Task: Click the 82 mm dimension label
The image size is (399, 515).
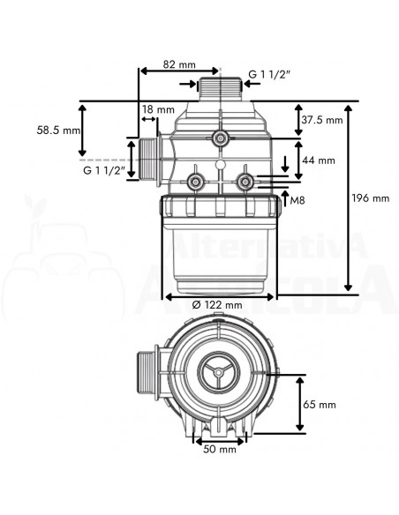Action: click(179, 64)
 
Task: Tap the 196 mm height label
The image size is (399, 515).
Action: click(371, 198)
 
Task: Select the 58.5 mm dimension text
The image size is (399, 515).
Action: click(58, 131)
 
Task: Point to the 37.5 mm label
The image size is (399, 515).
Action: click(322, 120)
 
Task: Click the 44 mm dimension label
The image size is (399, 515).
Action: click(319, 160)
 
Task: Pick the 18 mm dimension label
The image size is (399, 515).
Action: click(158, 109)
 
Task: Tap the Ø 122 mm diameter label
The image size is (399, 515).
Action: click(217, 305)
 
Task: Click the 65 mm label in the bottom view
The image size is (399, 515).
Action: click(320, 404)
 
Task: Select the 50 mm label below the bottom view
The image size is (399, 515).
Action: click(220, 449)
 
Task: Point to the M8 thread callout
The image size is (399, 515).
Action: click(297, 200)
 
